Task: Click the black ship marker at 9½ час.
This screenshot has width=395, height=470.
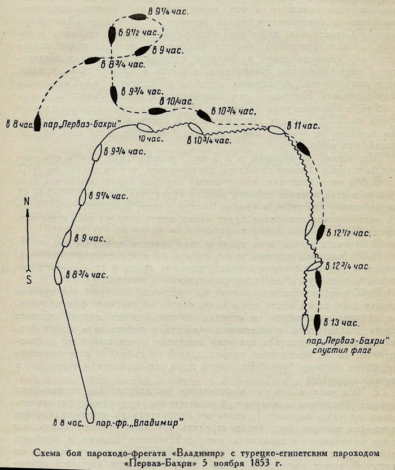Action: [x=112, y=36]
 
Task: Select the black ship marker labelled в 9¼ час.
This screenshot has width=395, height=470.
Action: [x=138, y=17]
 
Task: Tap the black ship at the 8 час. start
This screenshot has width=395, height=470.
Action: [x=37, y=122]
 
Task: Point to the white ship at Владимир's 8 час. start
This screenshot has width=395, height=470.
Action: [x=89, y=414]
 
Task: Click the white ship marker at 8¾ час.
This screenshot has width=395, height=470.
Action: [x=58, y=276]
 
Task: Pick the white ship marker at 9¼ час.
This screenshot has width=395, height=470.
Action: [x=82, y=197]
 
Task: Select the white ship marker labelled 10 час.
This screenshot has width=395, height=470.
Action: [x=146, y=128]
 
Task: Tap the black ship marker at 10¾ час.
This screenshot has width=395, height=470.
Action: [x=204, y=116]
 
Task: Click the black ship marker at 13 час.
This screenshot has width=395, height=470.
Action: [x=317, y=323]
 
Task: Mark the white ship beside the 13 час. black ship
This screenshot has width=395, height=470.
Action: [x=305, y=323]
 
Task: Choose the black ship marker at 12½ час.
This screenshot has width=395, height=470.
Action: [x=321, y=232]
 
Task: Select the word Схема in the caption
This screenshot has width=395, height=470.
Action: [x=45, y=453]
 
